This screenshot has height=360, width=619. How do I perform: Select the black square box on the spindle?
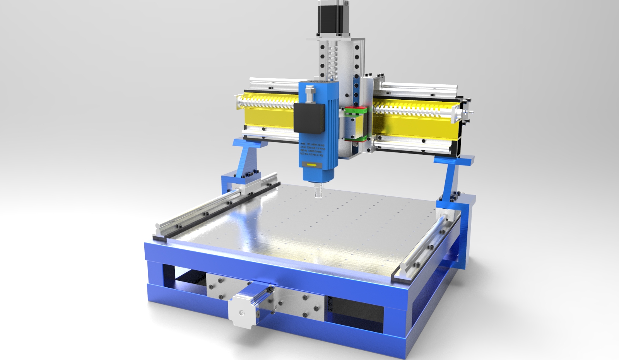click(x=308, y=118)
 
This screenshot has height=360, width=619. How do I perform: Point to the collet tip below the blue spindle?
click(x=317, y=191)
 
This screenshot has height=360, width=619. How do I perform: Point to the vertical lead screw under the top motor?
click(x=332, y=58)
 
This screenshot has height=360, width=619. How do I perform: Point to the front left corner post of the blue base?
click(x=155, y=275)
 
